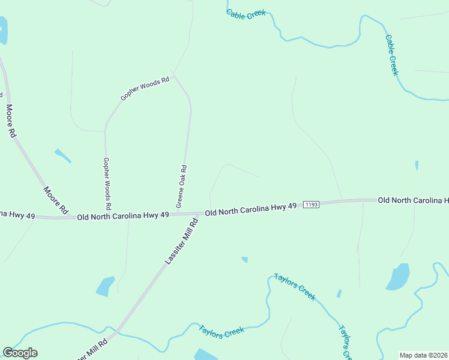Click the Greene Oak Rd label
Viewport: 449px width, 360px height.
coord(182,187)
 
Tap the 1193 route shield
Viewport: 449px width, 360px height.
coord(310,205)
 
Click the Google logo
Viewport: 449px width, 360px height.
coord(20,353)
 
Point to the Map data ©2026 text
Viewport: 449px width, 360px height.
coord(423,355)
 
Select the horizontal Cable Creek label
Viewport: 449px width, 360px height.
coord(246,14)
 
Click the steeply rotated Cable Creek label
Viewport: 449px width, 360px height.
coord(391,55)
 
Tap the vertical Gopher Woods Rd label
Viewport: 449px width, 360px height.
coord(107,179)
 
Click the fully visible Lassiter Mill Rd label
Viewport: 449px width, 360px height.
coord(181,242)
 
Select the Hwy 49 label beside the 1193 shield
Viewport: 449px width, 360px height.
coord(251,209)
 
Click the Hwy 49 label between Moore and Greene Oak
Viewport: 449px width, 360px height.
coord(123,215)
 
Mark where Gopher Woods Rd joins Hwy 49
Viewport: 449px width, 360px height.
coord(106,216)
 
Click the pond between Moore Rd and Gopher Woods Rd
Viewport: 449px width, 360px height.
coord(62,155)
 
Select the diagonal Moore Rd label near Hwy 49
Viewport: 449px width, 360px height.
coord(55,200)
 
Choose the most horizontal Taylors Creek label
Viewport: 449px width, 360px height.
coord(221,332)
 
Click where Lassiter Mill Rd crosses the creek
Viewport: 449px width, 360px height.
coord(118,331)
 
